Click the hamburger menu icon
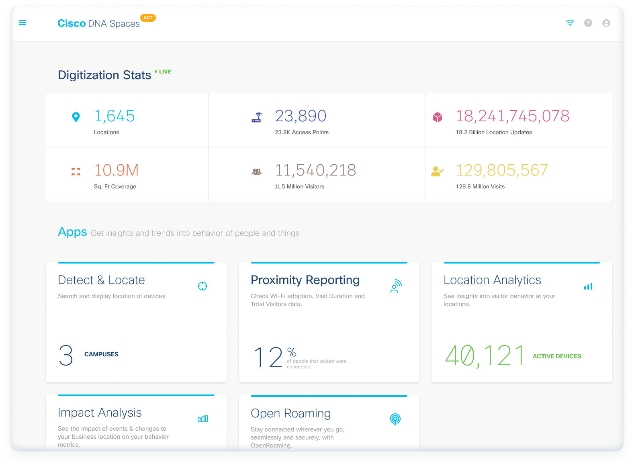pos(22,22)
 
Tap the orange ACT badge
pos(148,18)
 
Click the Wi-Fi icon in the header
pos(570,23)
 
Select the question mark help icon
pos(588,23)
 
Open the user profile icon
pos(606,23)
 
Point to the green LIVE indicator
pos(163,72)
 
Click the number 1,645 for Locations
pos(115,116)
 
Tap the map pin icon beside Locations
pos(76,117)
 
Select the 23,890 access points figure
pos(301,116)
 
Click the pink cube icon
pos(438,117)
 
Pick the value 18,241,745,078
pos(512,116)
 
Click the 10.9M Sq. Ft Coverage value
pos(116,170)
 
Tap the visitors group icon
pos(257,172)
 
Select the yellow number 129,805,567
pos(502,170)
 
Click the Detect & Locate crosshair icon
pos(202,286)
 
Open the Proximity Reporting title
pos(305,280)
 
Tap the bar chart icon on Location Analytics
pos(588,286)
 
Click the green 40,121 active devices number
pos(485,356)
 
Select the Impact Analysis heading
pos(100,413)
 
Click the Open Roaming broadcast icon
pos(395,419)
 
